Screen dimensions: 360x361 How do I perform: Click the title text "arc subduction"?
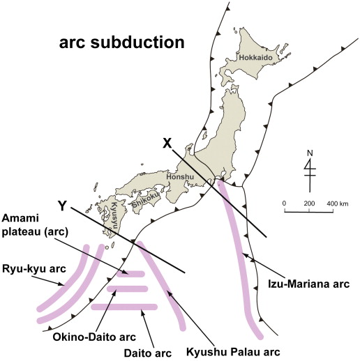pos(122,43)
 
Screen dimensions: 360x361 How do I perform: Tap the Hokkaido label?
pos(256,57)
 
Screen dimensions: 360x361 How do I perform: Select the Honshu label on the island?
pos(180,177)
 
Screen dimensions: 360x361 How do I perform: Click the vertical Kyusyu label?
pos(113,215)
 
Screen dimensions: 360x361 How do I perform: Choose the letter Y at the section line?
pos(62,206)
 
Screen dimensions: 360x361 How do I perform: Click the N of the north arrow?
pos(310,153)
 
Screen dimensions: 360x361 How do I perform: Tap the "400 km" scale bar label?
pos(338,203)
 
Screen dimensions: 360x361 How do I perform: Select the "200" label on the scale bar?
pos(309,203)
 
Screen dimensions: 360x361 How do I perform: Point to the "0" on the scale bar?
pos(284,203)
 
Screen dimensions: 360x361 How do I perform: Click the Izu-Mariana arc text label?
pos(309,284)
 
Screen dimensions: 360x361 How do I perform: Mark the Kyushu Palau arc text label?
pos(233,352)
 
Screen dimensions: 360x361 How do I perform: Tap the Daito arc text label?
pos(148,353)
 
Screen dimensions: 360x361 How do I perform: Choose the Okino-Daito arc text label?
pos(94,337)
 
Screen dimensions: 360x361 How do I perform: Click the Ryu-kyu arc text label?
pos(34,269)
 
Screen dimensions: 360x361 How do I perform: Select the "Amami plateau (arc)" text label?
pos(35,225)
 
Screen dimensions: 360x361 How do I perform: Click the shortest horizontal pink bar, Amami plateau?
pos(130,274)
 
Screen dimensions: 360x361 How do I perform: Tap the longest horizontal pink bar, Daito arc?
pos(124,307)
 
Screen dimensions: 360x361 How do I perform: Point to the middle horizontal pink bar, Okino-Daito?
pos(127,289)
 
